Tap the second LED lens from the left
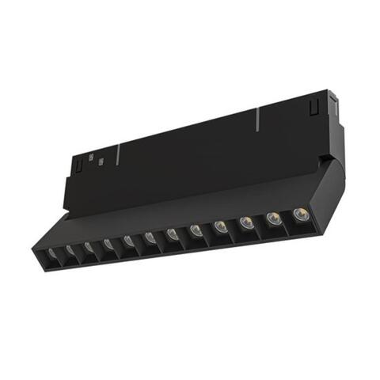[70, 250]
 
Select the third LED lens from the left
[89, 247]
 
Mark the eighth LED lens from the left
[195, 230]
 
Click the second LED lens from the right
[272, 218]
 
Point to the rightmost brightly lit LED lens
[299, 214]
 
